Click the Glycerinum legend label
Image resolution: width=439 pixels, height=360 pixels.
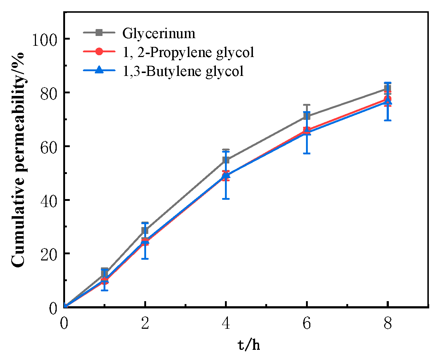click(x=159, y=33)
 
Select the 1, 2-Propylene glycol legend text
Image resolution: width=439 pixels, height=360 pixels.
click(x=188, y=52)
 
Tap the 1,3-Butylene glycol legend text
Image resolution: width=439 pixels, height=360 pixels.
click(x=183, y=71)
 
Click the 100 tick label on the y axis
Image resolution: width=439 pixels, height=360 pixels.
click(x=45, y=39)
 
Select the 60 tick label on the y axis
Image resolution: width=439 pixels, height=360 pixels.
click(x=49, y=146)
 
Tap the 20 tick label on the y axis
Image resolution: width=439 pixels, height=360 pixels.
click(x=49, y=254)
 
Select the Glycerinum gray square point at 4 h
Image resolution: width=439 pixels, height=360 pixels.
click(x=226, y=160)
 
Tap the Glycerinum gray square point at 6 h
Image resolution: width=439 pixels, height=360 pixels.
click(x=307, y=116)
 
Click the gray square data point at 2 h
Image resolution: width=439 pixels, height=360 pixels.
click(x=145, y=230)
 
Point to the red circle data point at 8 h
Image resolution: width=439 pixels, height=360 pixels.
click(x=388, y=99)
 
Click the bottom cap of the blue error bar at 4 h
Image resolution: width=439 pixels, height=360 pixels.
click(x=226, y=199)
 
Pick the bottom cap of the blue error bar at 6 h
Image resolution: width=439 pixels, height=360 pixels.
click(x=307, y=153)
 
